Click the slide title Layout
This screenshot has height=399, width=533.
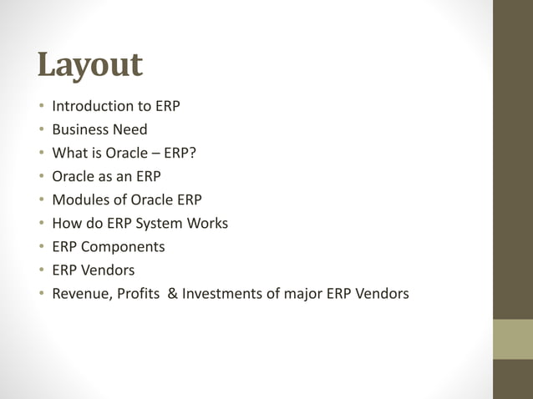[90, 66]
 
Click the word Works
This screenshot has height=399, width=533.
[208, 224]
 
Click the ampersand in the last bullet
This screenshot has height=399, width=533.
[173, 294]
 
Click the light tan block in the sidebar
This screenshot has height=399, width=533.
[513, 339]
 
